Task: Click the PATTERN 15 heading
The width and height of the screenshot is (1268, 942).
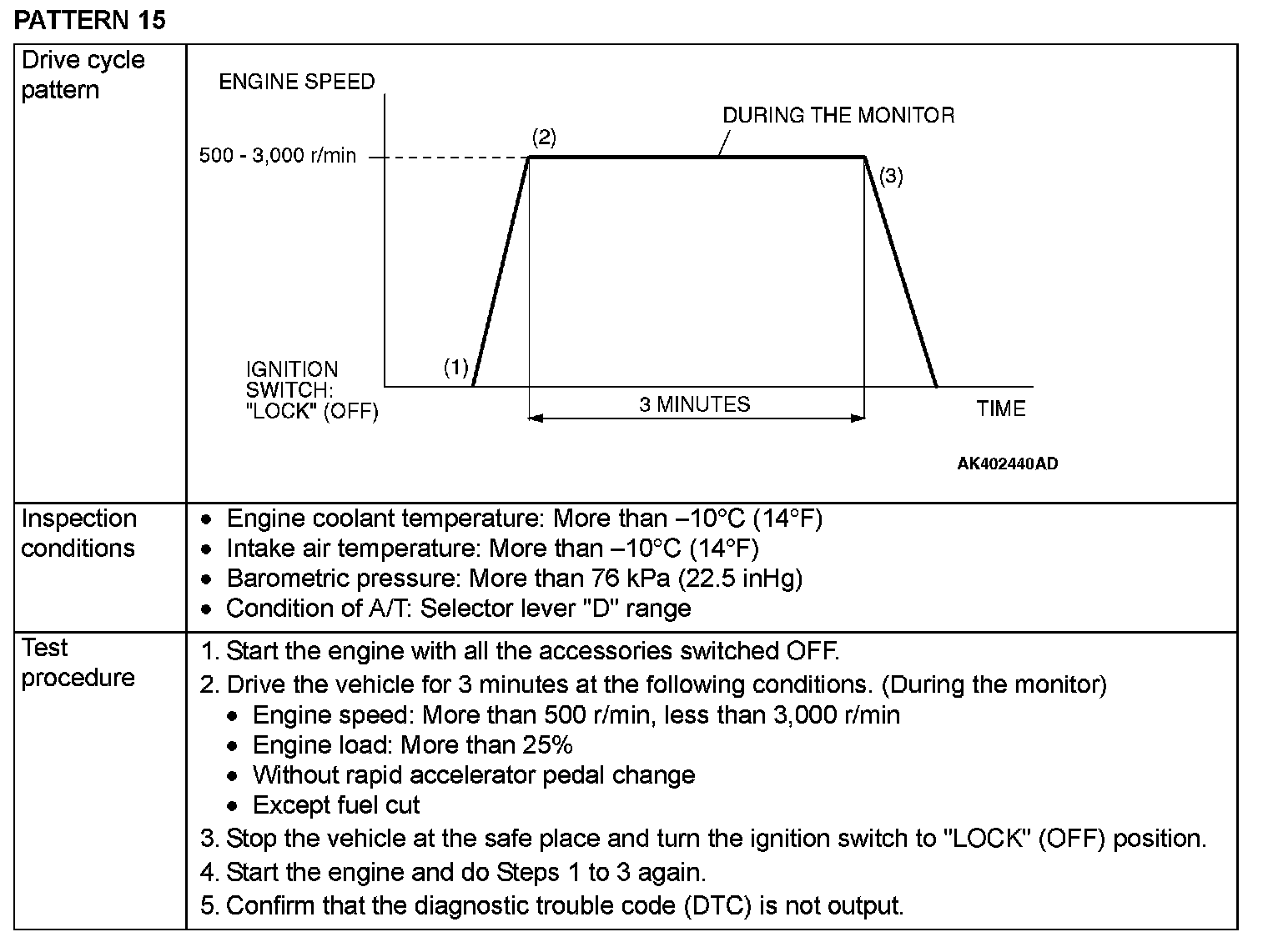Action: pos(90,20)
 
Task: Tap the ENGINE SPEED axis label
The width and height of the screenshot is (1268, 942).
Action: pos(297,82)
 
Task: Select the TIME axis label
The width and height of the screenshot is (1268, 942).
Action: pos(1000,408)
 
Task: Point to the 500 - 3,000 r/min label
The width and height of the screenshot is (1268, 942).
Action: pos(277,156)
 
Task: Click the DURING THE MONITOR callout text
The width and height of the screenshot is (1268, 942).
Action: pos(838,115)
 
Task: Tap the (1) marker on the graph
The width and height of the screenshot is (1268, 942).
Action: pos(455,368)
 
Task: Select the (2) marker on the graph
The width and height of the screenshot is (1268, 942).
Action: pos(544,138)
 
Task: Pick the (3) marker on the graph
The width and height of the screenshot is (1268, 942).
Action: pos(891,176)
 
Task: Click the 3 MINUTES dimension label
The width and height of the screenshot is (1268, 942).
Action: pos(695,404)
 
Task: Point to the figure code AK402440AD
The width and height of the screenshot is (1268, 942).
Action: pos(1008,463)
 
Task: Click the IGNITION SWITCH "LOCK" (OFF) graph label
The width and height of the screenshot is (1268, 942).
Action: pos(312,390)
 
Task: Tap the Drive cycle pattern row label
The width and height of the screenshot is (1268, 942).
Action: pos(83,75)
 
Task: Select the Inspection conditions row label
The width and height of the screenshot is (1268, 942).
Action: pos(78,534)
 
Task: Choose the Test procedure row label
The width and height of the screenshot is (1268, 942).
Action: pos(78,663)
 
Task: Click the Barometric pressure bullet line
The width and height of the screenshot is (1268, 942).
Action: pos(514,579)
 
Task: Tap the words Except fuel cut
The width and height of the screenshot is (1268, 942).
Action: pos(336,805)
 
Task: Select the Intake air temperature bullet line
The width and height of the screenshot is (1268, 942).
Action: pos(492,549)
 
